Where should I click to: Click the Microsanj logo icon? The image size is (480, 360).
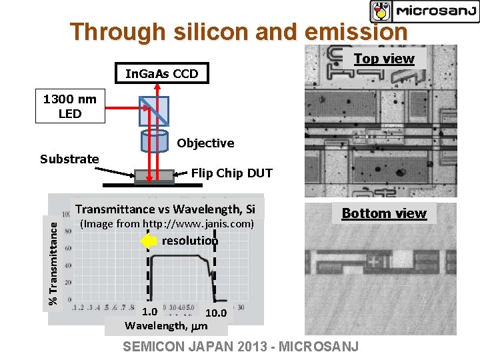(381, 11)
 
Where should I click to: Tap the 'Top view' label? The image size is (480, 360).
(384, 59)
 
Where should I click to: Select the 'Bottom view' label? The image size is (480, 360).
(384, 213)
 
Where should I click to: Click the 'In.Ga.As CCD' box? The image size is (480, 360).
(162, 73)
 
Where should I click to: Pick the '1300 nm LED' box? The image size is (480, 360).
(70, 107)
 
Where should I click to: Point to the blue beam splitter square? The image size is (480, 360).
(155, 107)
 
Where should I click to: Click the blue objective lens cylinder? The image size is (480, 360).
(155, 141)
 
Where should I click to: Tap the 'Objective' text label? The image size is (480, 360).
(205, 143)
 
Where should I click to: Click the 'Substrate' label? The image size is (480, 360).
(69, 159)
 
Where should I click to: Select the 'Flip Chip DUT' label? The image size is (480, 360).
(232, 173)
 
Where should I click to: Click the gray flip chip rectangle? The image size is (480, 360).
(155, 176)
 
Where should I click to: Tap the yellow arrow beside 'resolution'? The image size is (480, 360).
(148, 241)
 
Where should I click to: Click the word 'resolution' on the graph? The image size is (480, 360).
(190, 241)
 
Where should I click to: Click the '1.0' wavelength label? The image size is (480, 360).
(150, 311)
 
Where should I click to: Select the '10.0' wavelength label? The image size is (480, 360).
(215, 313)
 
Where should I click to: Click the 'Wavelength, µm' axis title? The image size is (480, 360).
(167, 326)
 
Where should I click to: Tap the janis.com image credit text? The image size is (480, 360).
(167, 224)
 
